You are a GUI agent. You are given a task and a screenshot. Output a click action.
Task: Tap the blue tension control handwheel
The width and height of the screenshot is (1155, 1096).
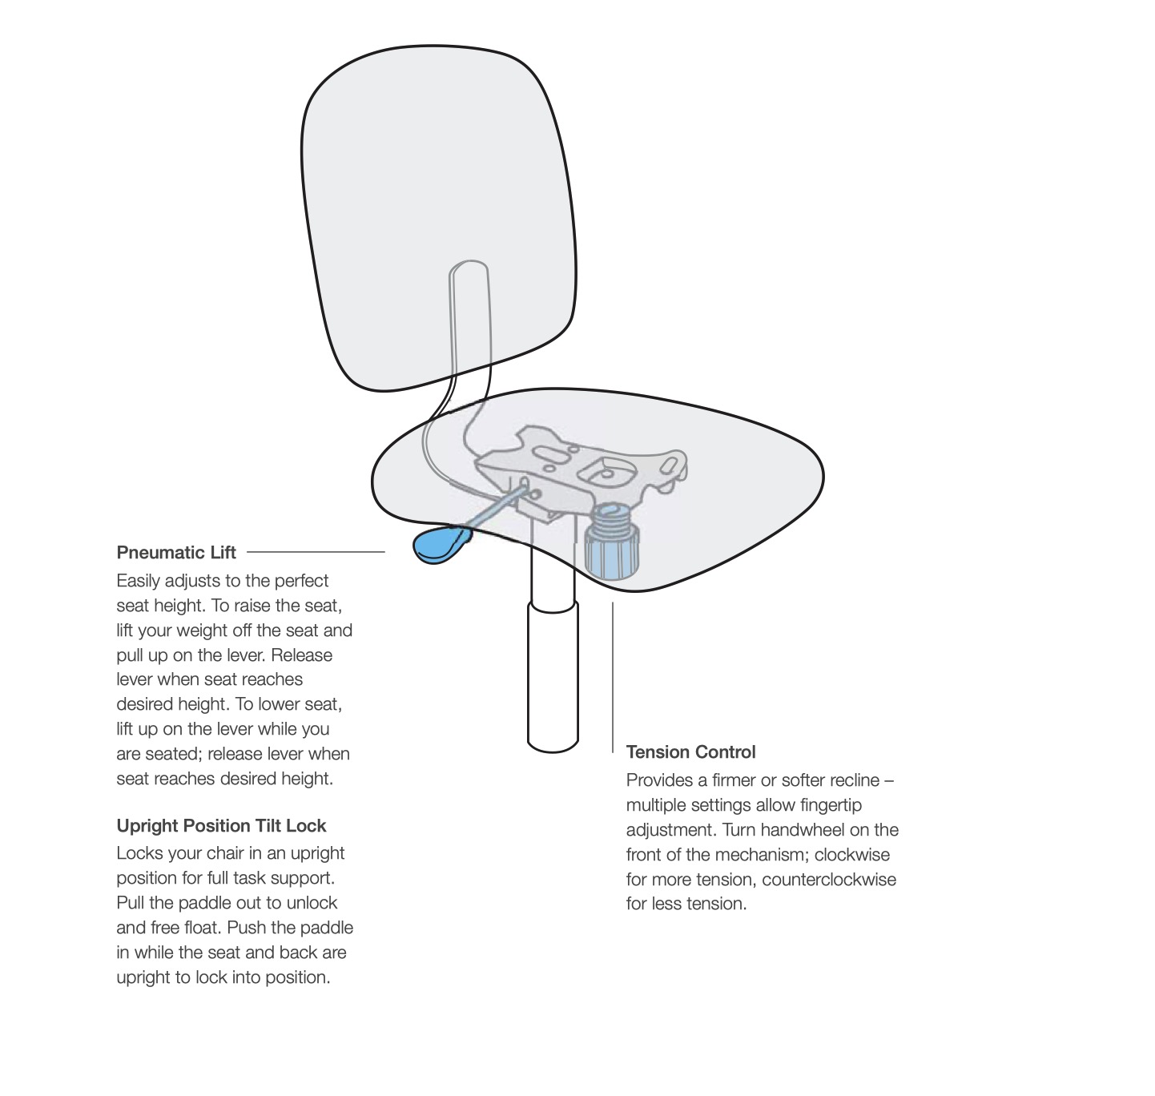pyautogui.click(x=611, y=543)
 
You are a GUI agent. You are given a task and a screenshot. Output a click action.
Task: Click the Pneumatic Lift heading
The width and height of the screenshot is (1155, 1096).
pyautogui.click(x=176, y=553)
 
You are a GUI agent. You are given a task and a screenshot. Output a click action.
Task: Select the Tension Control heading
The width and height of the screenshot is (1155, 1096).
pyautogui.click(x=690, y=751)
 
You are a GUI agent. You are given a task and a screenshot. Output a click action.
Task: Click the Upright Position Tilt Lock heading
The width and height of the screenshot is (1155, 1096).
pyautogui.click(x=221, y=826)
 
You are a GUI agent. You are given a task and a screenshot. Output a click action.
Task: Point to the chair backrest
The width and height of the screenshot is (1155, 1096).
pyautogui.click(x=438, y=217)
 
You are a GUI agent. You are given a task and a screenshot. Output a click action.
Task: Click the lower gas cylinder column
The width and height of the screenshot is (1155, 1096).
pyautogui.click(x=553, y=676)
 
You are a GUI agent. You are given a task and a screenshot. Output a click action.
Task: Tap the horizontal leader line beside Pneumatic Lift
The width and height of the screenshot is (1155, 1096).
pyautogui.click(x=316, y=552)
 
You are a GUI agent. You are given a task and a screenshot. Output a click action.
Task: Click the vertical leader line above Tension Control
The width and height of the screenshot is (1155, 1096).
pyautogui.click(x=613, y=677)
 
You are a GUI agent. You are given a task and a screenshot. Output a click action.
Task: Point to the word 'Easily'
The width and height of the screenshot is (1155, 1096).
pyautogui.click(x=138, y=581)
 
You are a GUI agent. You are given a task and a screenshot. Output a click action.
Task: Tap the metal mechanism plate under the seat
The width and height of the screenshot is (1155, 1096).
pyautogui.click(x=582, y=470)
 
